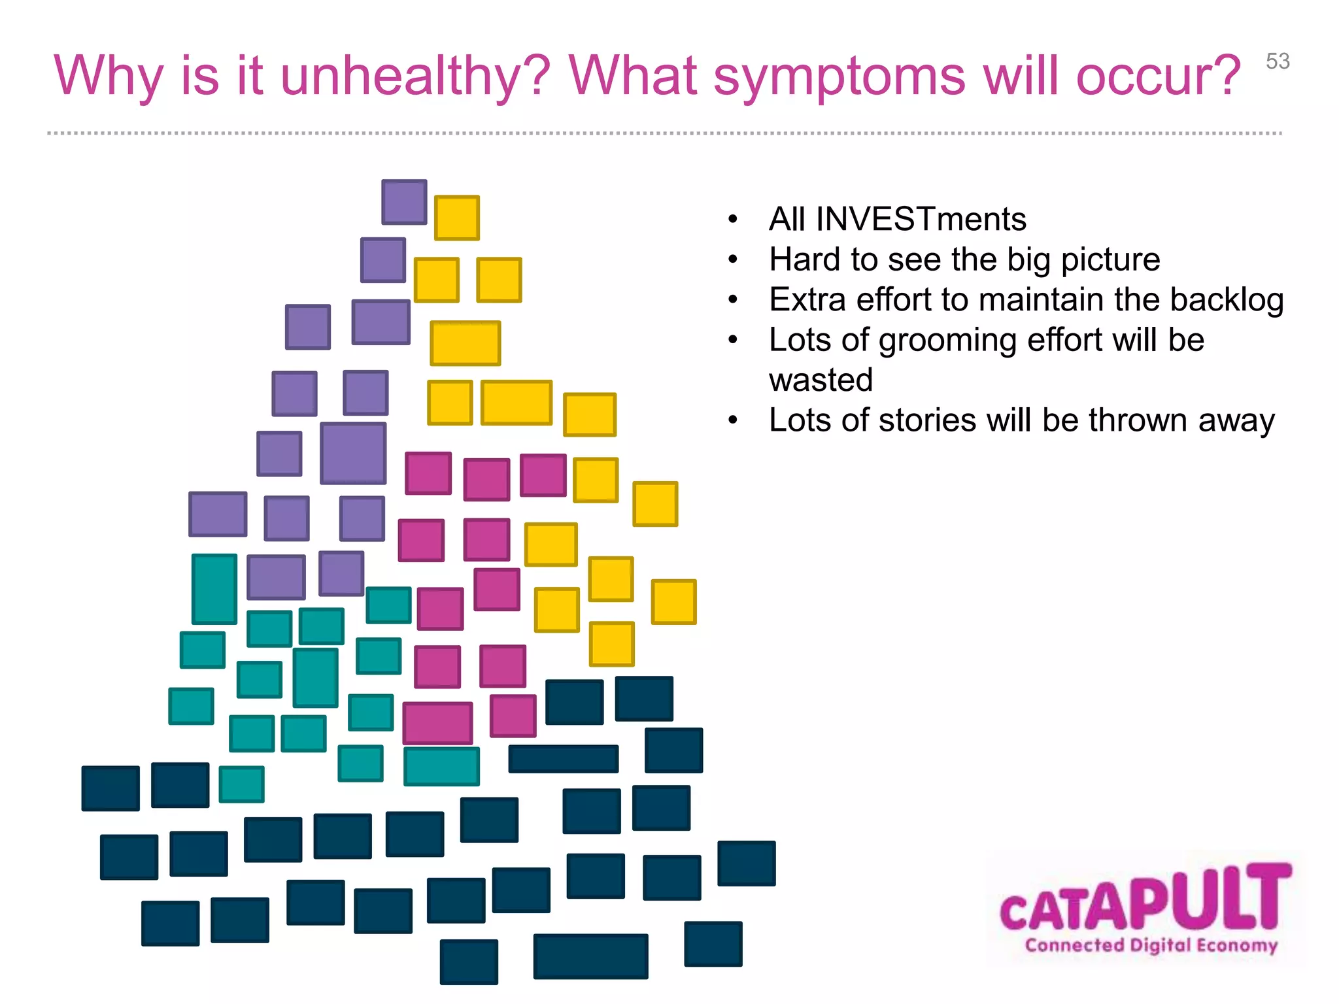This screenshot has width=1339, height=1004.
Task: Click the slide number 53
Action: (1278, 61)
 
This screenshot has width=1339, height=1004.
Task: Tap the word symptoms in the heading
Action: (839, 76)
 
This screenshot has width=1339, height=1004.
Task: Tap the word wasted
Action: (821, 380)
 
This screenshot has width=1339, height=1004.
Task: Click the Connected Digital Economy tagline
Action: (1151, 945)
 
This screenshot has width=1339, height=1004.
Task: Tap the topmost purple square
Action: (404, 202)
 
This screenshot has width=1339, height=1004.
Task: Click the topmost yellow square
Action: (457, 218)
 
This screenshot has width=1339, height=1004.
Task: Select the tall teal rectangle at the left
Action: (214, 589)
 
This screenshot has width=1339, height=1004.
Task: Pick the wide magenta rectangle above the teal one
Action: (437, 723)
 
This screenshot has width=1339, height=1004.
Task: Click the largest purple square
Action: (353, 453)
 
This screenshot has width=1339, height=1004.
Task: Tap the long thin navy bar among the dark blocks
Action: (563, 759)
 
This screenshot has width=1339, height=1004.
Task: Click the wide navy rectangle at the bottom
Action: (590, 956)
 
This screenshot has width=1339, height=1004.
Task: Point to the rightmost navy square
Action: (746, 863)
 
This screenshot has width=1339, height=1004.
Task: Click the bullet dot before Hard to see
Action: (733, 260)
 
